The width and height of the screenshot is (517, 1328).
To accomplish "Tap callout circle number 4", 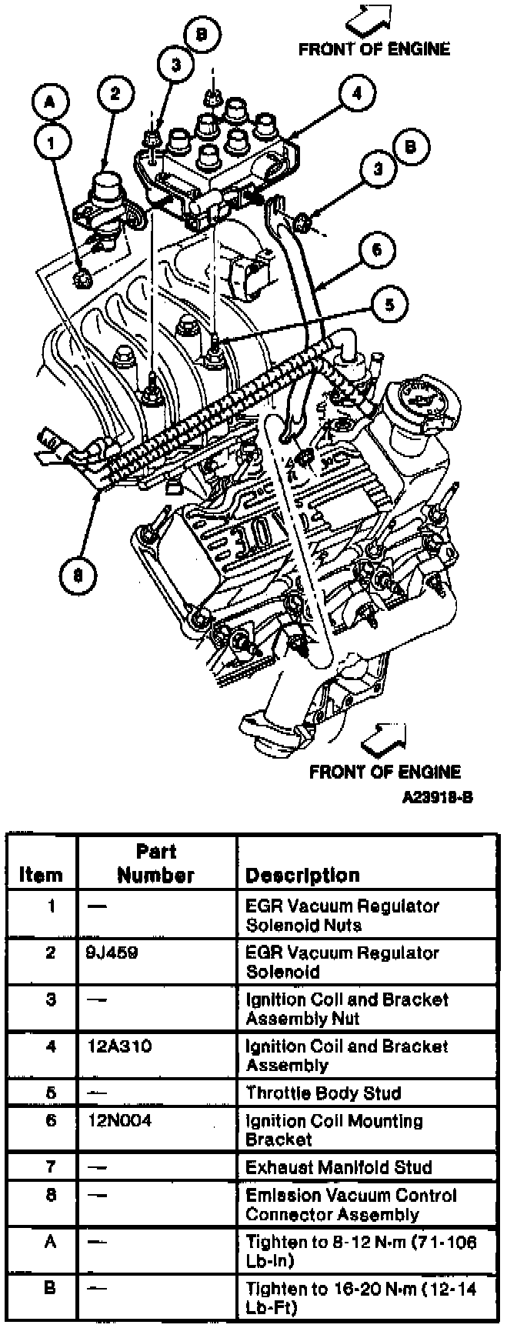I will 356,94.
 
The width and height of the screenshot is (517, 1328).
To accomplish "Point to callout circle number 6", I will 376,249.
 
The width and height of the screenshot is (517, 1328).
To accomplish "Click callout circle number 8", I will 78,574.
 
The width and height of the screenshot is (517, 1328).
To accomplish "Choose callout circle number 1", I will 51,141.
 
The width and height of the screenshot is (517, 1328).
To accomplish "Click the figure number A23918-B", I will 436,797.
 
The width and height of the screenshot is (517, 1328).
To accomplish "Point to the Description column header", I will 302,875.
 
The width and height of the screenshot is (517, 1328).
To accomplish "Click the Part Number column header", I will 156,863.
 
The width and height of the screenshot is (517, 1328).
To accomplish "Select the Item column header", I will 41,875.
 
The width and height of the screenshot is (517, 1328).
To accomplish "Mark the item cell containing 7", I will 50,1167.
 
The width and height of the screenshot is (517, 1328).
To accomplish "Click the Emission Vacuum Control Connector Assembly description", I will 351,1205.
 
